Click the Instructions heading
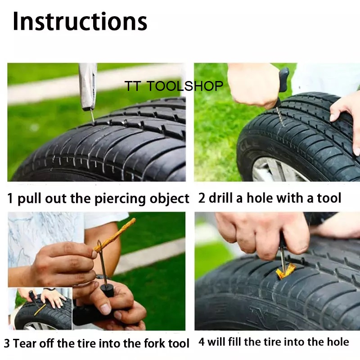pyautogui.click(x=80, y=21)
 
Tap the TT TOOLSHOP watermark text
pyautogui.click(x=174, y=86)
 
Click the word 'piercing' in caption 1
pyautogui.click(x=120, y=199)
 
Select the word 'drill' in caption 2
pyautogui.click(x=222, y=198)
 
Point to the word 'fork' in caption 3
pyautogui.click(x=155, y=343)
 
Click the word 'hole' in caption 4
pyautogui.click(x=337, y=342)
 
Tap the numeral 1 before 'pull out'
pyautogui.click(x=10, y=198)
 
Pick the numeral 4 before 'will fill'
pyautogui.click(x=201, y=342)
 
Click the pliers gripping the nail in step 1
pyautogui.click(x=88, y=86)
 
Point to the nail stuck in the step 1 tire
pyautogui.click(x=92, y=117)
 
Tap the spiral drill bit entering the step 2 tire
pyautogui.click(x=279, y=117)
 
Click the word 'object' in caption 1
pyautogui.click(x=170, y=199)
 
